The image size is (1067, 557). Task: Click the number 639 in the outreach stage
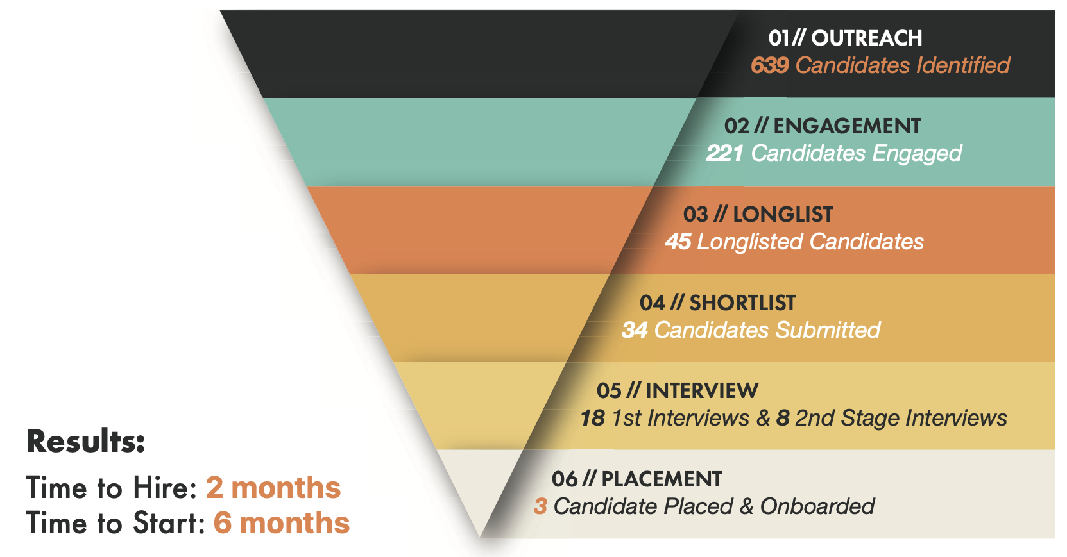click(x=770, y=65)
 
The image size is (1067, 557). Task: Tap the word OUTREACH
click(x=867, y=38)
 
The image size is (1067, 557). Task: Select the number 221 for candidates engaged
click(x=724, y=153)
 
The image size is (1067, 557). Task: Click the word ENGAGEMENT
click(x=847, y=126)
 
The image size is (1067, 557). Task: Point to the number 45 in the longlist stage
click(x=678, y=242)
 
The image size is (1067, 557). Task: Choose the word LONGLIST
click(x=783, y=215)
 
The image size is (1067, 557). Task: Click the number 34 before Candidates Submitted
click(x=635, y=330)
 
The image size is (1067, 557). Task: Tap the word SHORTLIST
click(x=742, y=303)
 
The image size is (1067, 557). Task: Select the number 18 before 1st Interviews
click(x=593, y=418)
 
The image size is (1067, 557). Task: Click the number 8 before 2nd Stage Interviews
click(x=783, y=418)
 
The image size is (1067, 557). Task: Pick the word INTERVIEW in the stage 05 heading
click(x=702, y=391)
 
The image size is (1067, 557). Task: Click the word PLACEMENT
click(x=662, y=479)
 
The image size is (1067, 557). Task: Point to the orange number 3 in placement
click(x=540, y=506)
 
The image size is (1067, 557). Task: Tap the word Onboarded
click(x=817, y=506)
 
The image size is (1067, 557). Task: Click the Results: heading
click(x=86, y=442)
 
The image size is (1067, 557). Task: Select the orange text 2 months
click(x=273, y=488)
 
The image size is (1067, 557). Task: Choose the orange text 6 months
click(x=282, y=523)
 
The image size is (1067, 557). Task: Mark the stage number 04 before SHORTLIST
click(x=652, y=303)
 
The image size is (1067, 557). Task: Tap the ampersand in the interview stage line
click(x=763, y=418)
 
